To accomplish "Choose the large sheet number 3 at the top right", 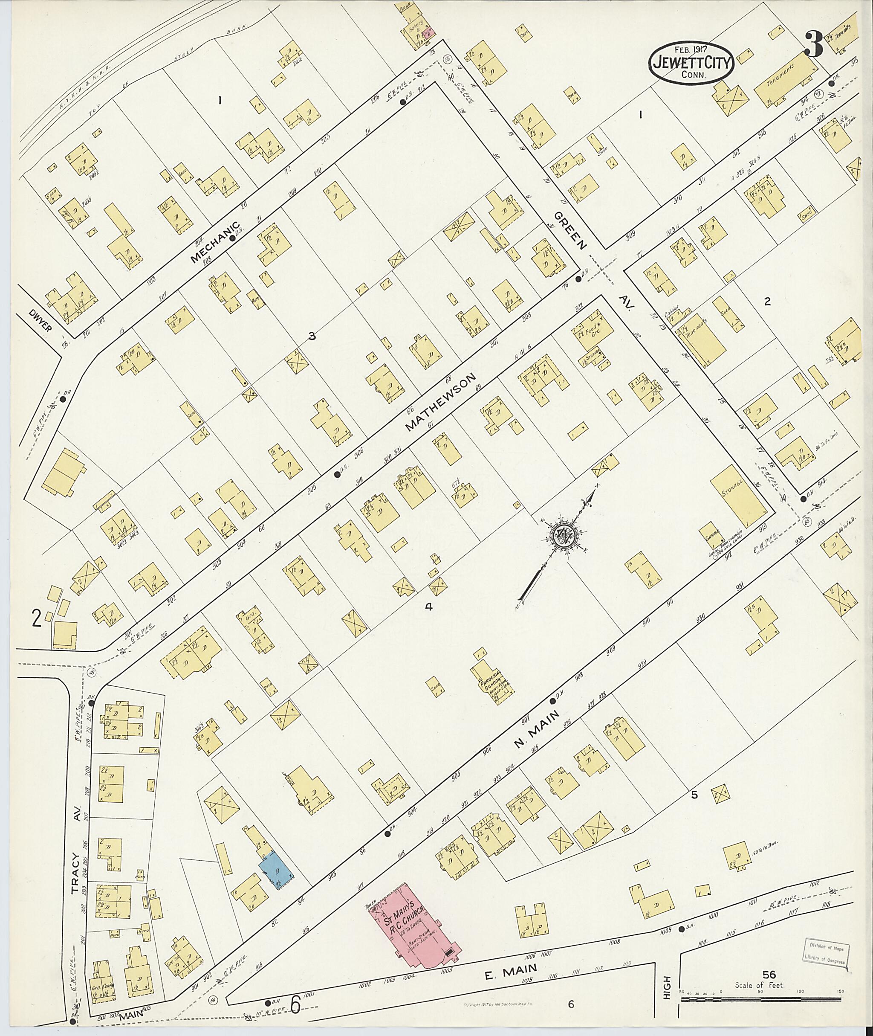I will click(814, 44).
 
